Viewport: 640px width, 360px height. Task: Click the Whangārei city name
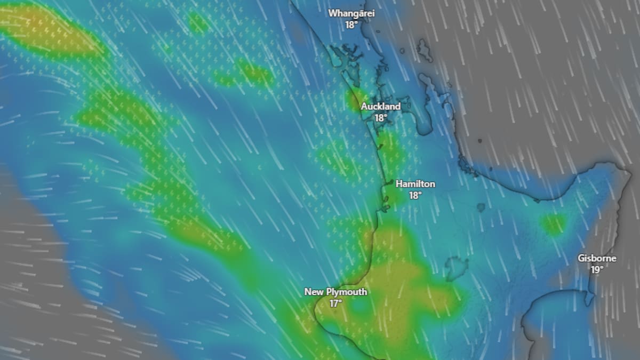[x=351, y=13]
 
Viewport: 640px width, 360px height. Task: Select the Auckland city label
[x=380, y=107]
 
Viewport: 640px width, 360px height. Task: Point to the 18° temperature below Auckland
[x=380, y=118]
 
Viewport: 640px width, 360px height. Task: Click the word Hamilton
[x=415, y=184]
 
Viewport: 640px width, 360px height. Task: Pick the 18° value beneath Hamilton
[x=415, y=196]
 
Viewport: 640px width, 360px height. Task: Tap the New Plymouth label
[x=335, y=292]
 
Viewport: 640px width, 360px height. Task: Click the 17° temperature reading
[x=335, y=304]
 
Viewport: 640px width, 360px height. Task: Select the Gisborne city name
[x=597, y=259]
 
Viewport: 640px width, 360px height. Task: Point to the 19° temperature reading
[x=597, y=270]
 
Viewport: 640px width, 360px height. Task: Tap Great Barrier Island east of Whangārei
[x=425, y=51]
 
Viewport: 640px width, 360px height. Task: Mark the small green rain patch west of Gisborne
[x=553, y=224]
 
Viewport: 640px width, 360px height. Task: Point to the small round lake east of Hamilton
[x=481, y=207]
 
